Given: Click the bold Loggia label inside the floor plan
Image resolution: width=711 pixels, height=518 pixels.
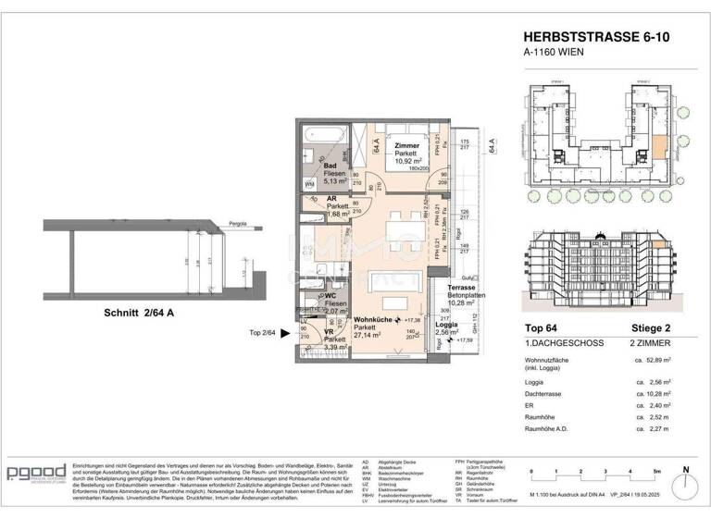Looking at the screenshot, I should tap(448, 323).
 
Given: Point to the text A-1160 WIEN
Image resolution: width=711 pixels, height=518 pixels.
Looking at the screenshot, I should tap(555, 54).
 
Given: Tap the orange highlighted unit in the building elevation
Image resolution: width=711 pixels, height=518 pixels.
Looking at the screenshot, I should tap(658, 244).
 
